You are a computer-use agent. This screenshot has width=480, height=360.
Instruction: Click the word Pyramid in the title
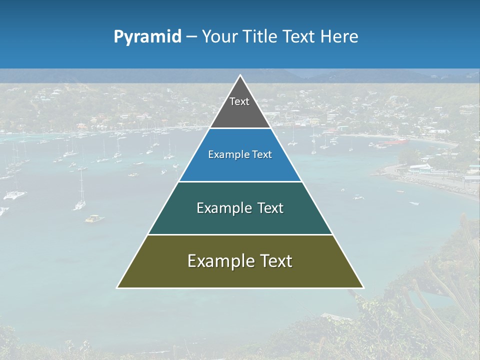click(147, 37)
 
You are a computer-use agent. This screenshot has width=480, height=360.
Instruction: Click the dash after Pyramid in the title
click(191, 37)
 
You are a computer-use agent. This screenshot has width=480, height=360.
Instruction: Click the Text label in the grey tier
click(239, 101)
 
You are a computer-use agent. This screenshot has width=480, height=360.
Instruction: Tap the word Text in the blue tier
click(262, 155)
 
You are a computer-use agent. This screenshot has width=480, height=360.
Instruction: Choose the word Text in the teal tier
click(270, 208)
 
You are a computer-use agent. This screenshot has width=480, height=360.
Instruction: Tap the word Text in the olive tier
click(275, 261)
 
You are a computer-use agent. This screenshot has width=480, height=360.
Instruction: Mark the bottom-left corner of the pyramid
click(117, 287)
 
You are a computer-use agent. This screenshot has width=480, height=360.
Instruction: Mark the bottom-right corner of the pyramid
click(363, 287)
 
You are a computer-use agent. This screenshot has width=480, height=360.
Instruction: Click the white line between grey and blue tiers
click(240, 128)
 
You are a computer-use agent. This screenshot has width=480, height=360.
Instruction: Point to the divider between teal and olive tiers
click(240, 234)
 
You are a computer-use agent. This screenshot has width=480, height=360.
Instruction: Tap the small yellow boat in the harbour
click(93, 218)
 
